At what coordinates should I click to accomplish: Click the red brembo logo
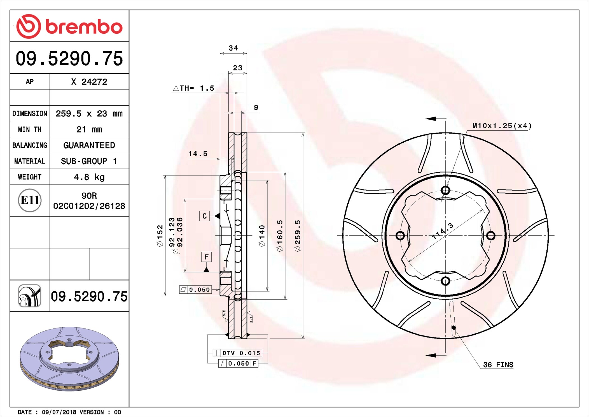pyautogui.click(x=69, y=26)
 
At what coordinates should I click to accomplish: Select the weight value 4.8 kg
pyautogui.click(x=89, y=177)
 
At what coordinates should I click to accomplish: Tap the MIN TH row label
pyautogui.click(x=30, y=129)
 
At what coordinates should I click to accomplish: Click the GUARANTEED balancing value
pyautogui.click(x=89, y=145)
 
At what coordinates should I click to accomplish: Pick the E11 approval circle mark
pyautogui.click(x=30, y=200)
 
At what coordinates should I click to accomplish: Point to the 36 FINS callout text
pyautogui.click(x=498, y=365)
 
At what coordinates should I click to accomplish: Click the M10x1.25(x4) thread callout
pyautogui.click(x=502, y=126)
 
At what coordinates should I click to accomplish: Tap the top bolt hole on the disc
pyautogui.click(x=445, y=190)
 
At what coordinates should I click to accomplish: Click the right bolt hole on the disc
pyautogui.click(x=491, y=235)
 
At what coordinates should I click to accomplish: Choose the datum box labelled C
pyautogui.click(x=205, y=216)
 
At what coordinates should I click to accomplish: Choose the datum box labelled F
pyautogui.click(x=206, y=257)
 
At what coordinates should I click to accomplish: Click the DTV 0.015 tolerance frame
pyautogui.click(x=238, y=353)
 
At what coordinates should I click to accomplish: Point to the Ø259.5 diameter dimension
pyautogui.click(x=297, y=235)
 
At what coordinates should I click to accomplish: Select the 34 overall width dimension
pyautogui.click(x=233, y=48)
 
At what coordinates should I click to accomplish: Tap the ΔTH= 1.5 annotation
pyautogui.click(x=194, y=88)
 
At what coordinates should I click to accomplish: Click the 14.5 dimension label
pyautogui.click(x=198, y=154)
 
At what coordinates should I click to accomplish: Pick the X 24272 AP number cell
pyautogui.click(x=89, y=82)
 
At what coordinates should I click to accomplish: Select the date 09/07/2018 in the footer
pyautogui.click(x=59, y=412)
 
